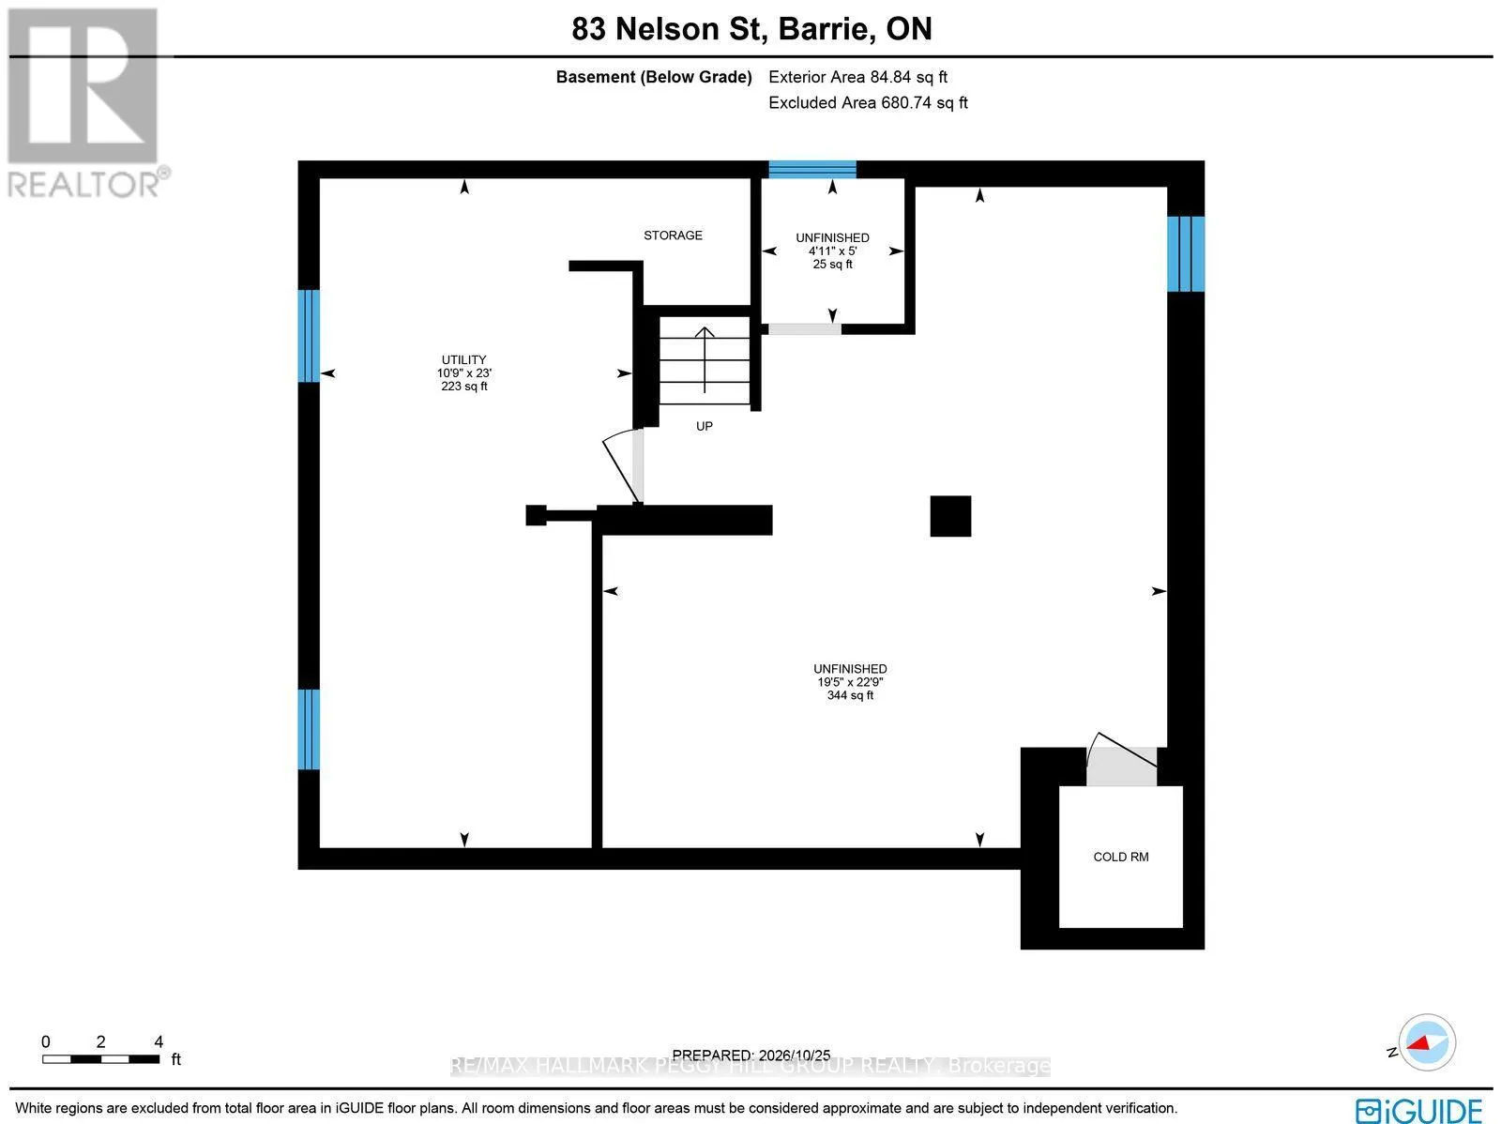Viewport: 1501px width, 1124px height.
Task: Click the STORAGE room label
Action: (673, 235)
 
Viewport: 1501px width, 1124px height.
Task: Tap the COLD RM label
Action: (1121, 857)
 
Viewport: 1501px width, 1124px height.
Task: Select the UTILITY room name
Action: (463, 359)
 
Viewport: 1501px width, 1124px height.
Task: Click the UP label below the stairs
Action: (705, 426)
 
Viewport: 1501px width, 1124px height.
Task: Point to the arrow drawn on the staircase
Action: (705, 359)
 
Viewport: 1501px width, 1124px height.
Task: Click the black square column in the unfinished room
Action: (950, 516)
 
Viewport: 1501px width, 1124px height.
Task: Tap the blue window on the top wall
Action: (812, 169)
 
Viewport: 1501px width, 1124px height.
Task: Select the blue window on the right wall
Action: (1186, 253)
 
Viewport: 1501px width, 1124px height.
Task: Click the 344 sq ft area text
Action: (850, 695)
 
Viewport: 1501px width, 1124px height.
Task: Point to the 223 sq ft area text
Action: (464, 387)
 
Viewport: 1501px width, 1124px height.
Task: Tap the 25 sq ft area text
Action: (832, 264)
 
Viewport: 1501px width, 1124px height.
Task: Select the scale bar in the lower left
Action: (100, 1059)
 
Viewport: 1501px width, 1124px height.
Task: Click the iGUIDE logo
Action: (1419, 1110)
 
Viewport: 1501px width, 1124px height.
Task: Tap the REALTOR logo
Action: (84, 103)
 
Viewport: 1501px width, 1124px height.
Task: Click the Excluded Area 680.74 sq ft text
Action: (868, 102)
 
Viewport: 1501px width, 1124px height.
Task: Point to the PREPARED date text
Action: (750, 1056)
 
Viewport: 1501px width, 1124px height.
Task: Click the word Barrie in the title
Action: (824, 29)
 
